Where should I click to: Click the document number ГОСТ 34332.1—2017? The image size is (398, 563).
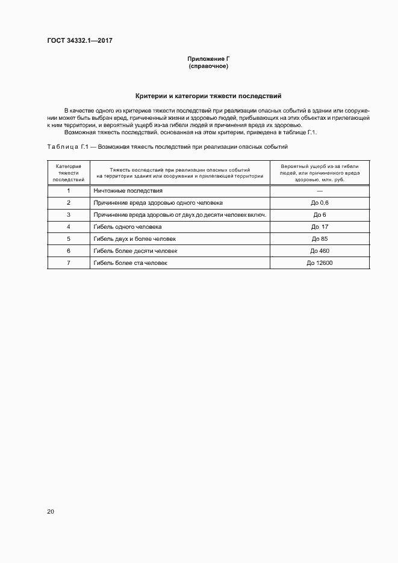(80, 41)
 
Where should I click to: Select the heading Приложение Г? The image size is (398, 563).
(208, 59)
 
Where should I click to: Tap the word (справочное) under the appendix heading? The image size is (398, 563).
(208, 66)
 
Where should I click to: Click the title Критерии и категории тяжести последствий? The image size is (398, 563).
(208, 96)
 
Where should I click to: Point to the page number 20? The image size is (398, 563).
(51, 511)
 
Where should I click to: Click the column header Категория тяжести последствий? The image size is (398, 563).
(69, 172)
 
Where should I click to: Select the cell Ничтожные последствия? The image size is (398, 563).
(128, 191)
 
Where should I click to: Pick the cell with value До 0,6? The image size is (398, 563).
(320, 203)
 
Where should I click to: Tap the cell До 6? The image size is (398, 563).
(320, 215)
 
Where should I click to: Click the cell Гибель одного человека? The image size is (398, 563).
(128, 227)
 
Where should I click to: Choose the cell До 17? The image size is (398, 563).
(320, 227)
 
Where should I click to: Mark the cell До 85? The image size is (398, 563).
(320, 239)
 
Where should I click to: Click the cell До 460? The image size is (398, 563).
(320, 250)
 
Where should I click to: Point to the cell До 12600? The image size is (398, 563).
(320, 263)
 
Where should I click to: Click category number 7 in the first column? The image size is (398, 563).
(69, 263)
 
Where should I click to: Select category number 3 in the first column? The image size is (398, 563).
(69, 215)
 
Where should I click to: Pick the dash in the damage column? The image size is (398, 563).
(320, 191)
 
